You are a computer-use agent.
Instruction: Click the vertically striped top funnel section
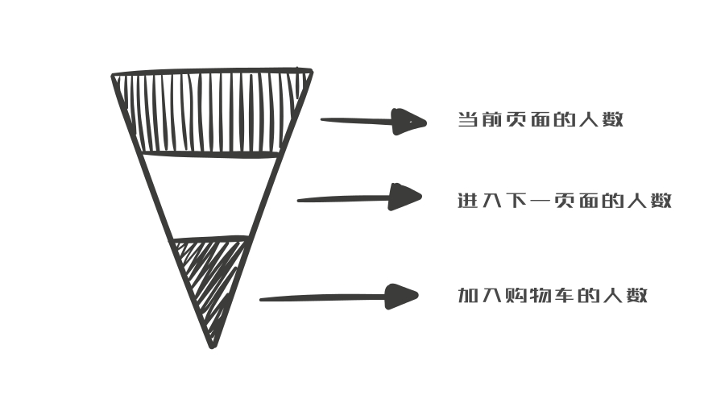212,113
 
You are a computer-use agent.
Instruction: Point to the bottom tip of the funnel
213,345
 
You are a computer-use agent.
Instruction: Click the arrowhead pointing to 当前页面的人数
408,122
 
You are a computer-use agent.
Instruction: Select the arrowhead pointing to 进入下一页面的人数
404,197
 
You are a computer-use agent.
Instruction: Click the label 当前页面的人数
541,121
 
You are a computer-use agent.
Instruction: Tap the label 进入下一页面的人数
564,201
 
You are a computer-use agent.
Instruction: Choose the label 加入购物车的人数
553,296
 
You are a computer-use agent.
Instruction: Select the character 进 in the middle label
467,201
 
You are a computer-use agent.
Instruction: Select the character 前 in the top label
492,121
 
